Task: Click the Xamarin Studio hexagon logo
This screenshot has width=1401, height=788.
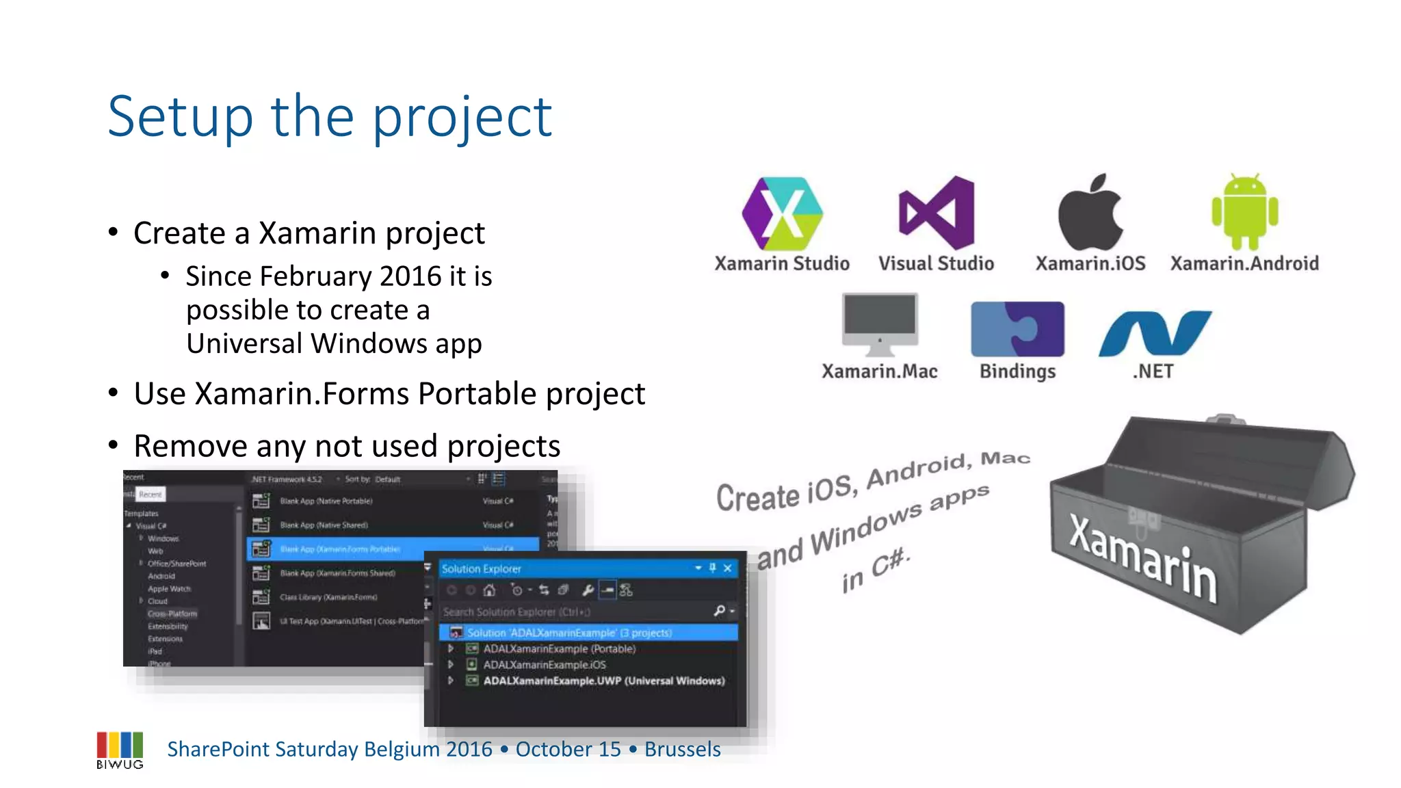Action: click(782, 213)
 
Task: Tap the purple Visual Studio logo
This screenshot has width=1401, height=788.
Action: click(937, 213)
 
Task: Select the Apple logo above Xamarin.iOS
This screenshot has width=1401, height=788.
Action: click(1090, 213)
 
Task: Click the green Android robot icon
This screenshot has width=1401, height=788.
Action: click(1244, 212)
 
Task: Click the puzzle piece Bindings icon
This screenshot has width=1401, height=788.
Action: click(1017, 329)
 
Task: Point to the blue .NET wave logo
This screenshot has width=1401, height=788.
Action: click(1155, 333)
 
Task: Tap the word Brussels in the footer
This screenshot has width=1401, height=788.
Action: click(682, 749)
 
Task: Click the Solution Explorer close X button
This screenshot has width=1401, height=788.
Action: click(728, 568)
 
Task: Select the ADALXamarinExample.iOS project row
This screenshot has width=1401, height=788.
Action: click(544, 664)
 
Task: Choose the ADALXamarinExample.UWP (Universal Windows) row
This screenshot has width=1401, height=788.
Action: click(603, 681)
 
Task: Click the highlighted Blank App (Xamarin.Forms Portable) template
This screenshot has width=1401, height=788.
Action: click(340, 549)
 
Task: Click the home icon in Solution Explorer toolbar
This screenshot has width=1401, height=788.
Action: click(489, 590)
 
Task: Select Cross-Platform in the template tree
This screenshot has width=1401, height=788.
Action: click(172, 614)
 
